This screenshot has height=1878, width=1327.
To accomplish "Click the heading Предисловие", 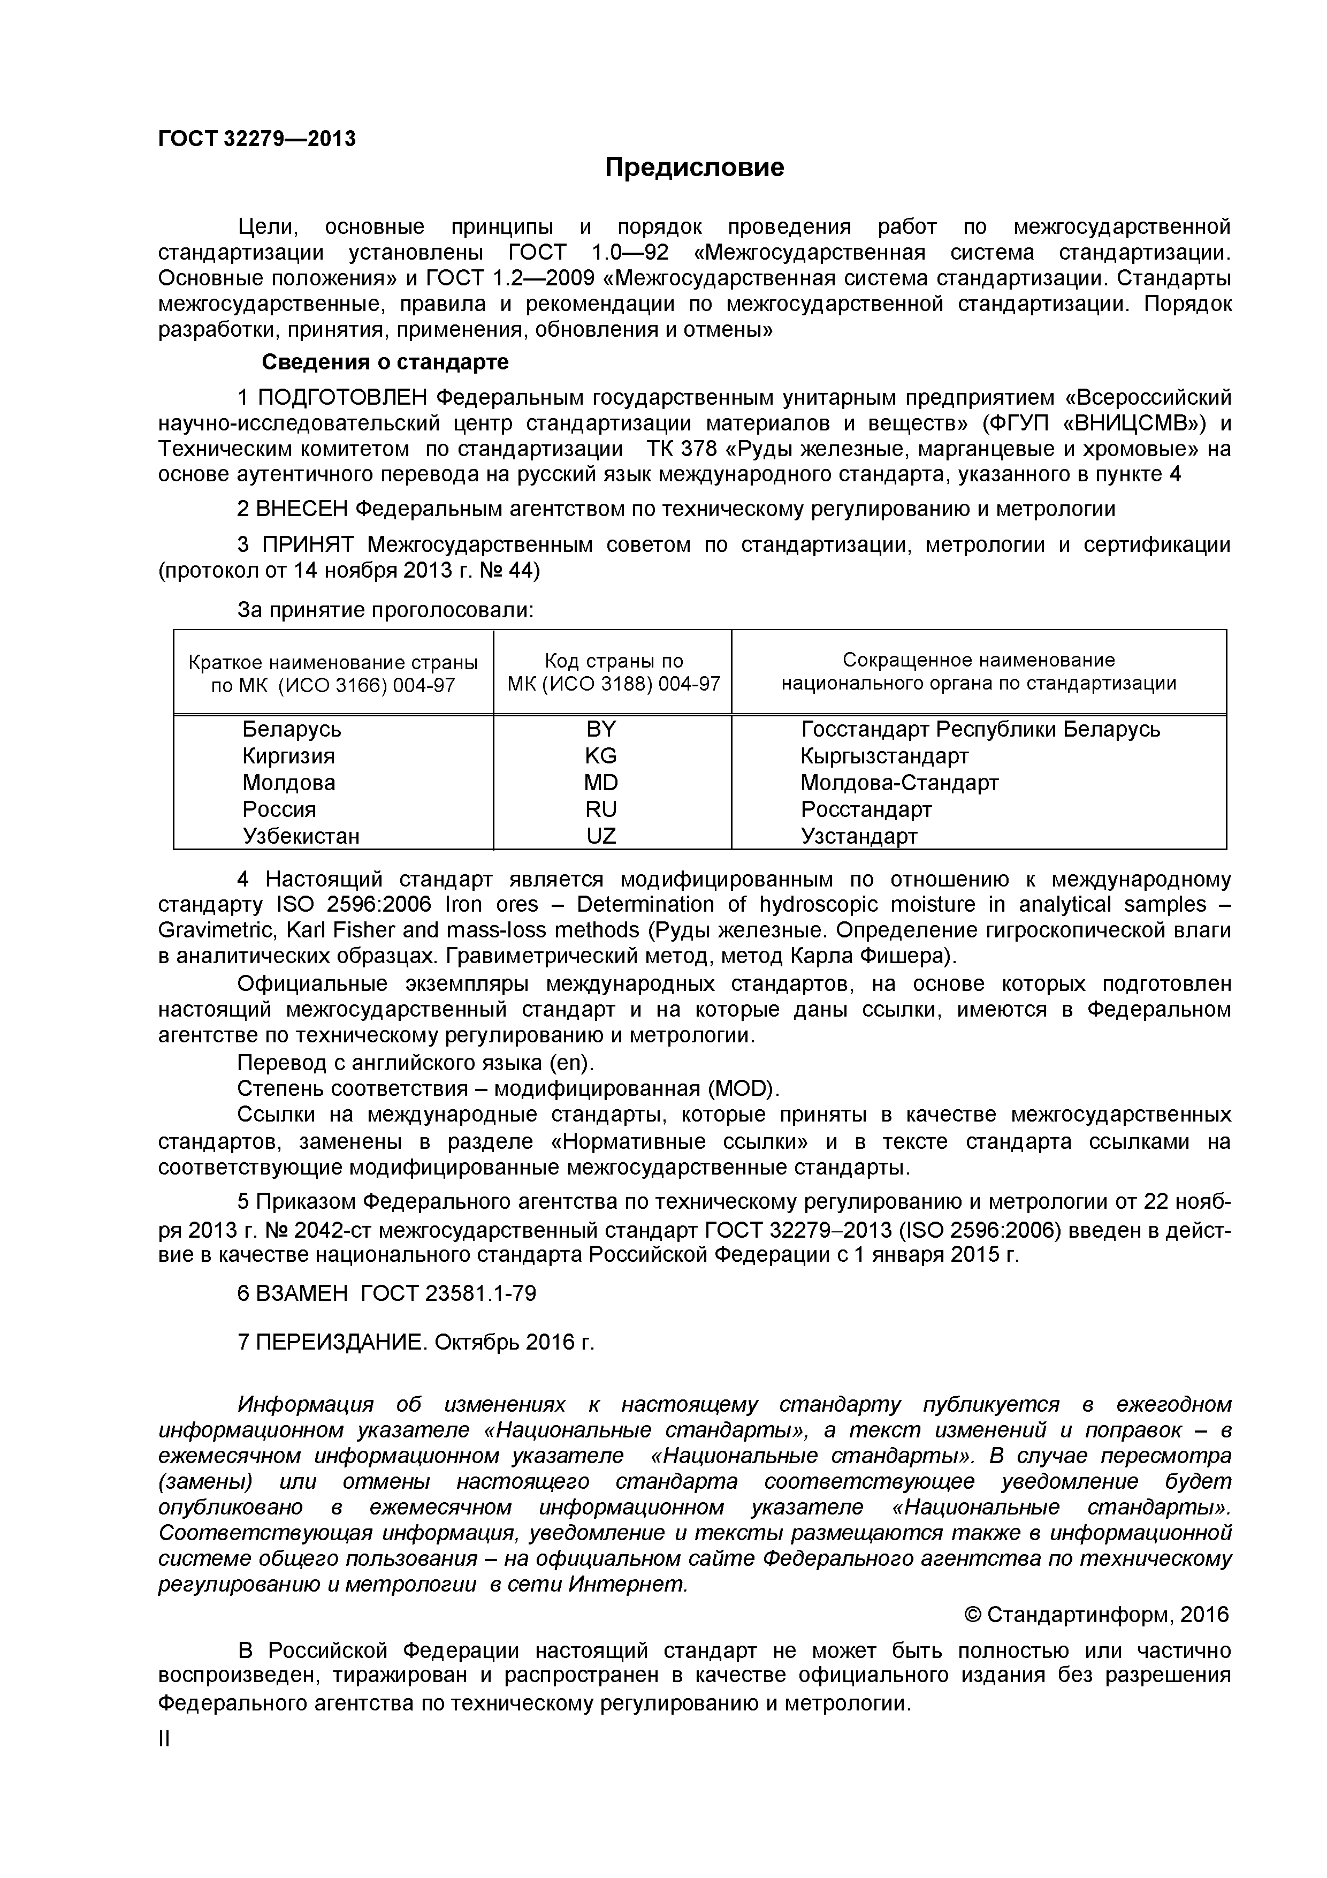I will click(694, 168).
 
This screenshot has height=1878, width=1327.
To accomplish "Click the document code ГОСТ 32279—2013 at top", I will click(257, 139).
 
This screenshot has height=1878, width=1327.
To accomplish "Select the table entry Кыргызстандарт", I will click(884, 756).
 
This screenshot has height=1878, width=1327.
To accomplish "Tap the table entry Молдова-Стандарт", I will click(899, 783).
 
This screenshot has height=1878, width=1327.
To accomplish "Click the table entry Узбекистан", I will click(301, 836).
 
